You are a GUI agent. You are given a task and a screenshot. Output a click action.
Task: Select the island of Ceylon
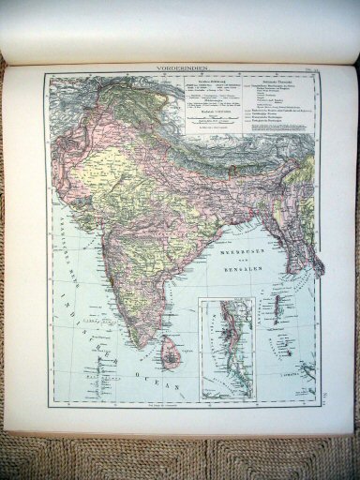(x=171, y=353)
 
